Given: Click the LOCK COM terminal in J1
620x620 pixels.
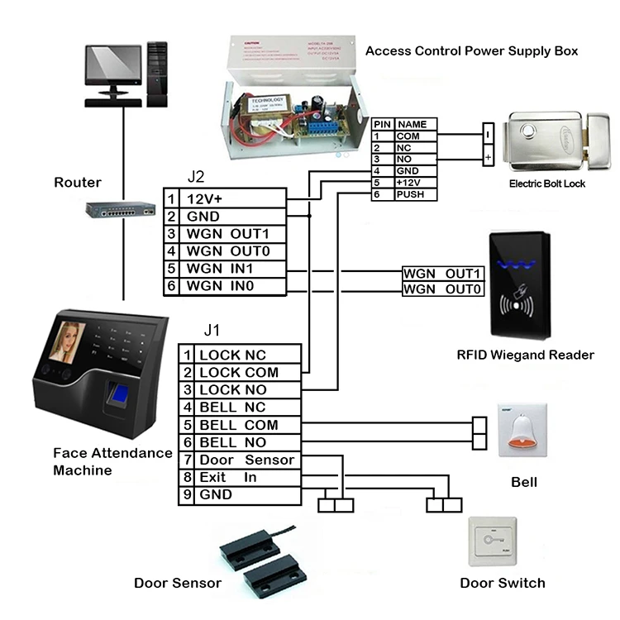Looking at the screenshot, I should (239, 372).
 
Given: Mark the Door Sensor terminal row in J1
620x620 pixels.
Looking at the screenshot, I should (239, 460).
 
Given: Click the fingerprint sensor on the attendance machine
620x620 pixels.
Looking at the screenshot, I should (122, 399).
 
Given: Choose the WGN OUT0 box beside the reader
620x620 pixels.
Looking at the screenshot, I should (441, 289).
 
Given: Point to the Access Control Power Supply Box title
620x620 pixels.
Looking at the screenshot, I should (471, 50).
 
